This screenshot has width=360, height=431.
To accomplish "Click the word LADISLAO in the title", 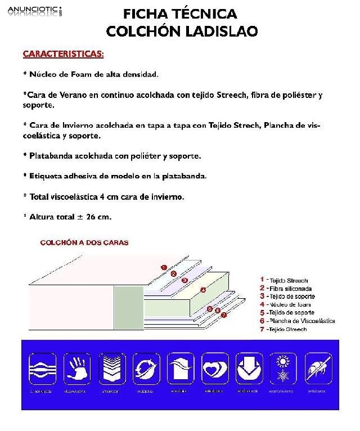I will coord(222,31).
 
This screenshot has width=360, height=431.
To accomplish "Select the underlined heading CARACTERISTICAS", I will coord(63,54).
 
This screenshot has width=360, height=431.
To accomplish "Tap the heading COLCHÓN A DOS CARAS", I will coord(84,243).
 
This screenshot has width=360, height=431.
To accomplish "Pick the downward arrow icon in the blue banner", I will coord(249,368).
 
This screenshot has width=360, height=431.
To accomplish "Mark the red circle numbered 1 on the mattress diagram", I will coord(164,267).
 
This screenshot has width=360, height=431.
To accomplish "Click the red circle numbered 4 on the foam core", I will coord(203,290).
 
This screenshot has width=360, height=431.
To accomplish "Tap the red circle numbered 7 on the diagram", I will coord(223,315).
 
